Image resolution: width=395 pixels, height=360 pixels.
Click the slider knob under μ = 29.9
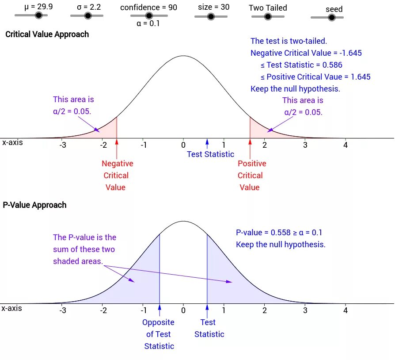point(38,15)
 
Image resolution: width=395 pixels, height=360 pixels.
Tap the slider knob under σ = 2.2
point(87,15)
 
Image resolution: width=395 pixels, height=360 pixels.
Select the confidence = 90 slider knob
point(149,15)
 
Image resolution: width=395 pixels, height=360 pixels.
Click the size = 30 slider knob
point(211,16)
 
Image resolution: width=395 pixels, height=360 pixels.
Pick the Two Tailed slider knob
point(267,16)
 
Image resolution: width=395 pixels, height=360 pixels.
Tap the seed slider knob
point(331,17)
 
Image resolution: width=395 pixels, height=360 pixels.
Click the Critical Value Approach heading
point(47,34)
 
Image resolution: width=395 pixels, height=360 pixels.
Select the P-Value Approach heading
point(34,205)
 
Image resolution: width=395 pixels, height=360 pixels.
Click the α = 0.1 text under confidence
point(148,24)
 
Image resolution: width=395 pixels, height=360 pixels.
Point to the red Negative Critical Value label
point(117,176)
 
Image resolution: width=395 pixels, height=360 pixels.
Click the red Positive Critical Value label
point(251,176)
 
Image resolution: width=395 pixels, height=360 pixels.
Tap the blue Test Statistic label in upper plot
point(210,154)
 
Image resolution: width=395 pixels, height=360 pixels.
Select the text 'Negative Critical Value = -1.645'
point(306,53)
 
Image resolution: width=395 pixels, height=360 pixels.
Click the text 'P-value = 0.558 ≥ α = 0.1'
point(282,233)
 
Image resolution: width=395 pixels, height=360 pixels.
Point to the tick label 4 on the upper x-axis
point(346,145)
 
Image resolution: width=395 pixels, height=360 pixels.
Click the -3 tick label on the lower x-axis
point(63,310)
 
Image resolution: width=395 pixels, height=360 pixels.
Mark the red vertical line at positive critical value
point(250,128)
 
